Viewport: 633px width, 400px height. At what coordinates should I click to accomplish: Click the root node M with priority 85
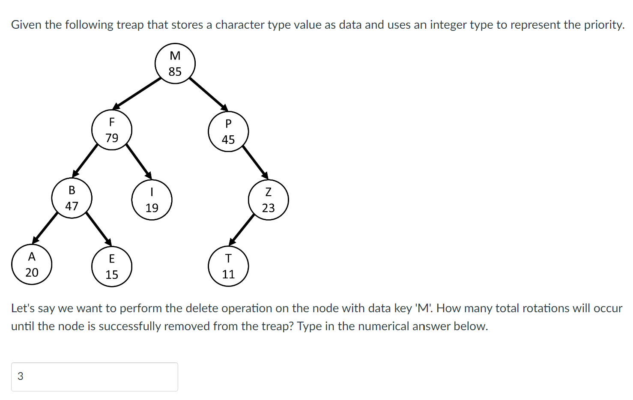pos(175,63)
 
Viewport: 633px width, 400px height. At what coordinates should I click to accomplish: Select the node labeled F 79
pos(111,130)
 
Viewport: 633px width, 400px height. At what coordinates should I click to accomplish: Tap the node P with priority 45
pos(228,131)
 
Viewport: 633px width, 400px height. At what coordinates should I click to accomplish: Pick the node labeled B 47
pos(72,198)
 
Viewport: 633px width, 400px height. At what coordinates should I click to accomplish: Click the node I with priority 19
pos(152,200)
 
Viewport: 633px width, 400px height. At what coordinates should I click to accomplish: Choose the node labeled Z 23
pos(268,200)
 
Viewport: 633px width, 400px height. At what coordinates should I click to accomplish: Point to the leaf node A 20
pos(32,265)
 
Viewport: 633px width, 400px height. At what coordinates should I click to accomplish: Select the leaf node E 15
pos(111,266)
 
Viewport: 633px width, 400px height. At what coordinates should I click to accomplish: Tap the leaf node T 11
pos(228,266)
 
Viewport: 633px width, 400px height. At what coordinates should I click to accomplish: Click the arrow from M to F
pos(137,93)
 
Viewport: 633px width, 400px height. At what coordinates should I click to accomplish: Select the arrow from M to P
pos(209,94)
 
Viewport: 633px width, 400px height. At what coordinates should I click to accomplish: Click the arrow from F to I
pos(139,161)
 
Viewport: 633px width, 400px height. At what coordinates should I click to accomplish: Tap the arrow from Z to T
pos(242,229)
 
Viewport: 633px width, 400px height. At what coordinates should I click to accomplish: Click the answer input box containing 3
pos(95,377)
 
